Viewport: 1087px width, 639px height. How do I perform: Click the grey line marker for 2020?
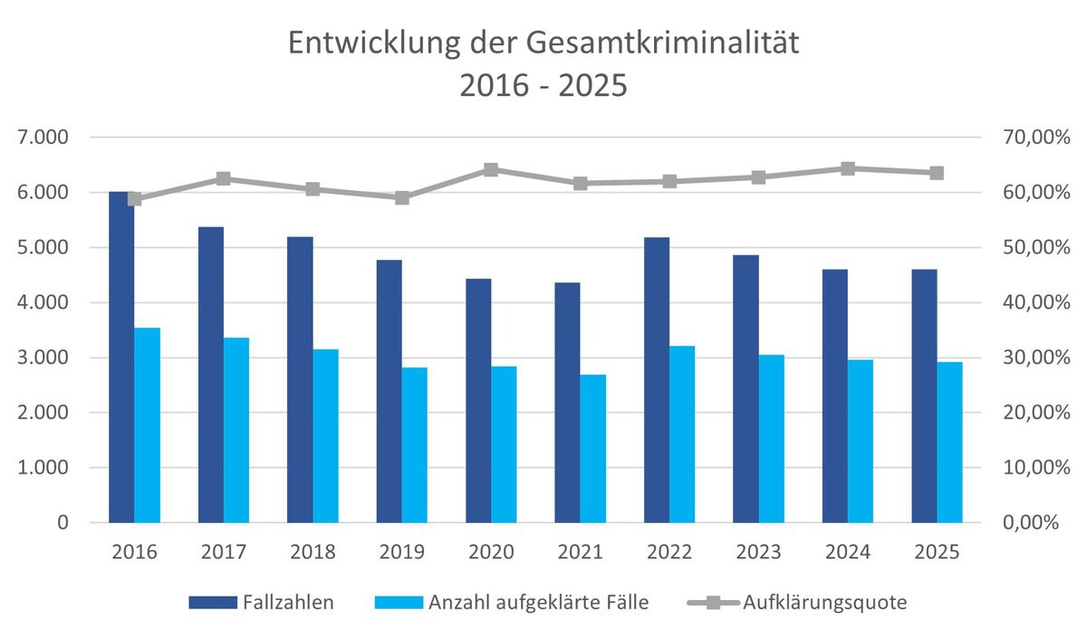click(491, 169)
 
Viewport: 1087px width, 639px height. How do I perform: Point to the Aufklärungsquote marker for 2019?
click(402, 197)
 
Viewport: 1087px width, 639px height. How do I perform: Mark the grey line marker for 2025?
click(937, 173)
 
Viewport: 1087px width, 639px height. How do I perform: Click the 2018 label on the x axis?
click(313, 552)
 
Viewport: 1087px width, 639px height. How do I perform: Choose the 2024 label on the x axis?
click(848, 552)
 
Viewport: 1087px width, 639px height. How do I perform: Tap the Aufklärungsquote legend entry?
click(824, 603)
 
